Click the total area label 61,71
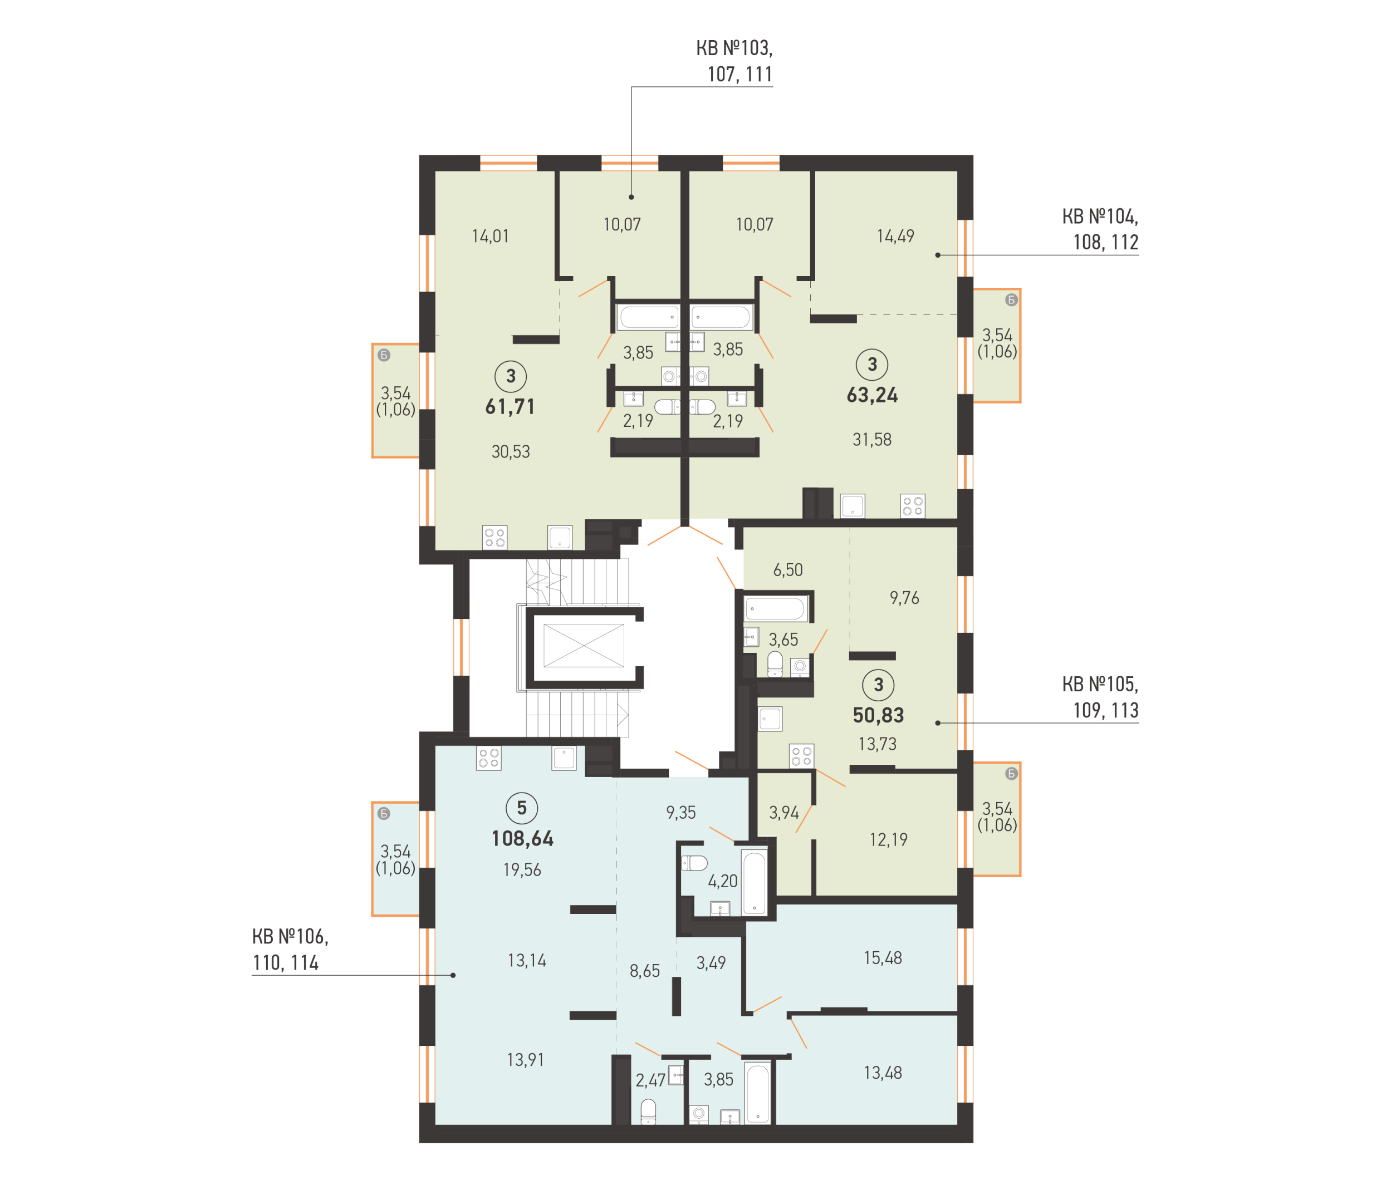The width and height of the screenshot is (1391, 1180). pos(510,407)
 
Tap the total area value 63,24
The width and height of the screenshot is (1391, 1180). pos(872,395)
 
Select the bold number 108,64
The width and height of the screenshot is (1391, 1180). pos(522,839)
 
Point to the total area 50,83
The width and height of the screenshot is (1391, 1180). pos(878,716)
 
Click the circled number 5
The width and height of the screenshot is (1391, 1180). pos(521,808)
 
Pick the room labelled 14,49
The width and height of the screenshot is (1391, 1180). pos(895,236)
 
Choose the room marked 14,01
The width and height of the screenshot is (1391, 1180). pos(490,236)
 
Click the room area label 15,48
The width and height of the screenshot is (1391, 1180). pos(883,958)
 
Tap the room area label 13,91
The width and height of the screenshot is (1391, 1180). pos(525,1060)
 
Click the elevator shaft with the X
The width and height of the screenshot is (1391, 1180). pos(584,646)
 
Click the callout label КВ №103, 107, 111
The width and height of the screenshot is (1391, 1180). pos(734,61)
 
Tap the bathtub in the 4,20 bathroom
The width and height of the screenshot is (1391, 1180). pos(754,882)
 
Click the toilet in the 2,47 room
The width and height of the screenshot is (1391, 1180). pos(648,1112)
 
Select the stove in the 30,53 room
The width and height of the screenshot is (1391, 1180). pos(494,537)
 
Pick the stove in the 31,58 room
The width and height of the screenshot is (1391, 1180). pos(913,506)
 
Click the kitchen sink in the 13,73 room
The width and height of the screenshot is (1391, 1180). pos(770,719)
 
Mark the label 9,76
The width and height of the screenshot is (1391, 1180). pos(904,598)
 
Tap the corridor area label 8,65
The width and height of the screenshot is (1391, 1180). pos(644,971)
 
